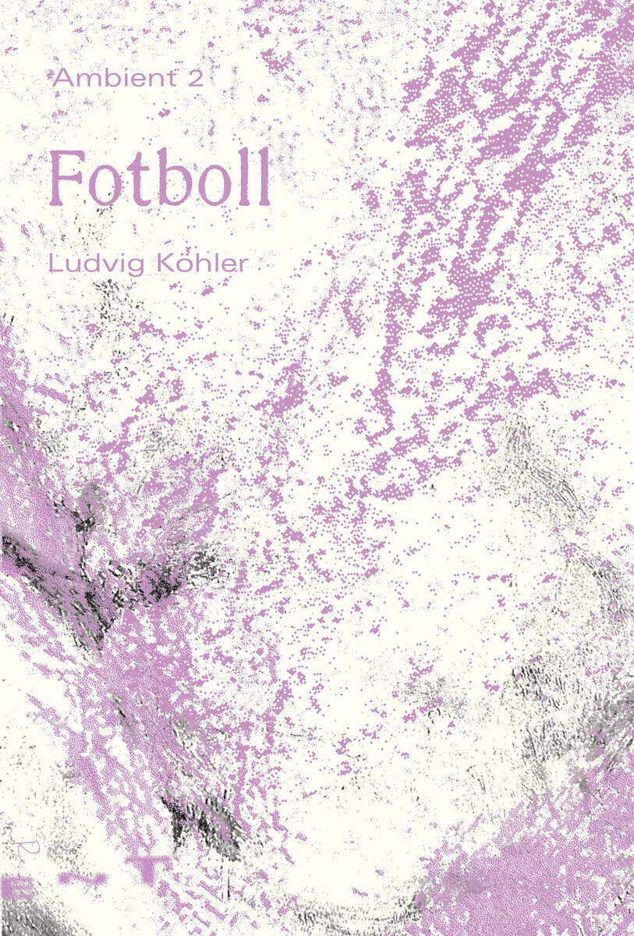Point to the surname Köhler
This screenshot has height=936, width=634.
204,263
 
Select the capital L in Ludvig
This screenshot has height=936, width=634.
55,263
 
